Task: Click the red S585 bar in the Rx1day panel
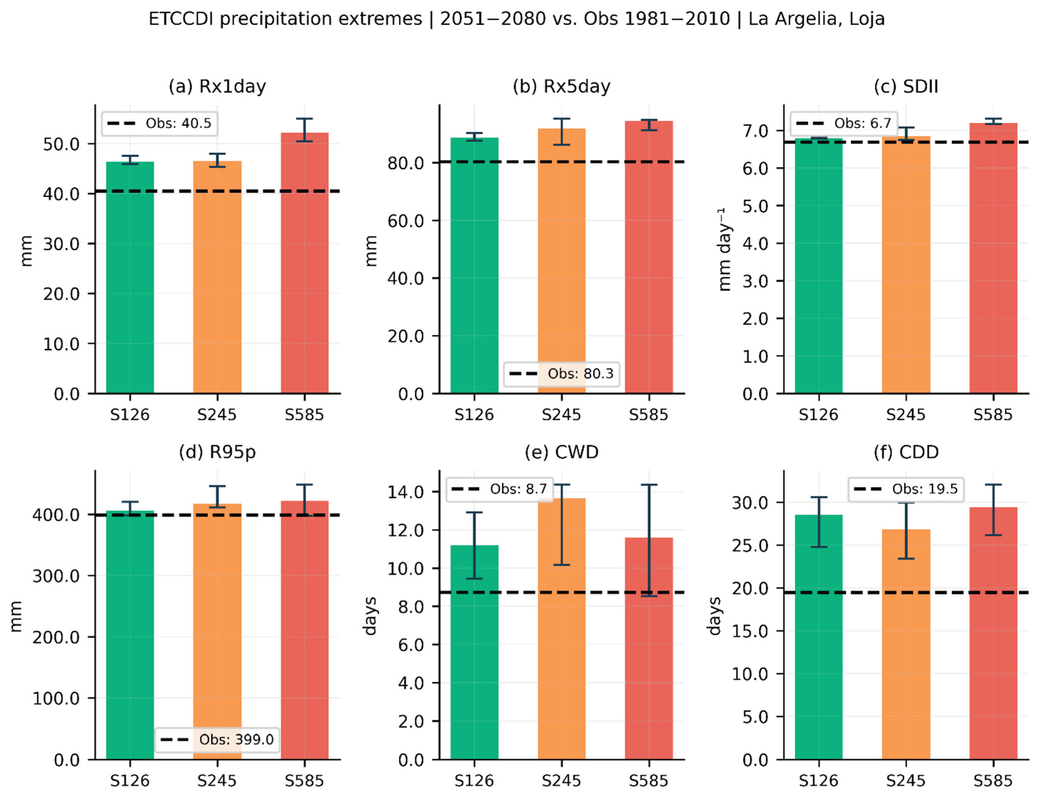tap(304, 263)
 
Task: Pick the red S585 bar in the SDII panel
tap(993, 258)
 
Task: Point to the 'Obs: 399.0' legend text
tap(237, 739)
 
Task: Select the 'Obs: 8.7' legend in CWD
tap(500, 489)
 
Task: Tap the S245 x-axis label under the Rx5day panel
tap(561, 415)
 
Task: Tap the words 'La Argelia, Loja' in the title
tap(816, 19)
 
